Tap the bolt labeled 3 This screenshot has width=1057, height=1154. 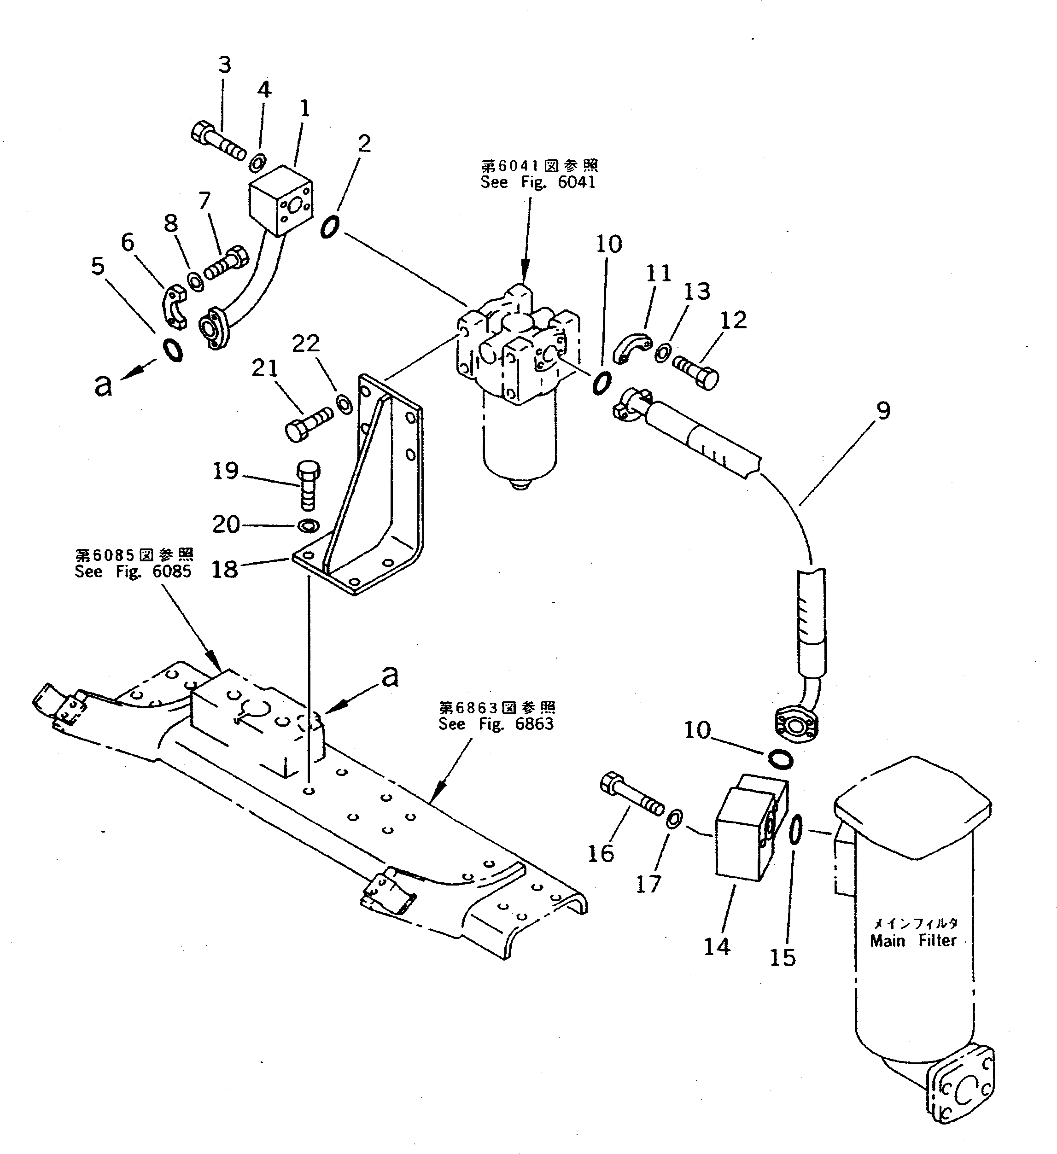point(217,141)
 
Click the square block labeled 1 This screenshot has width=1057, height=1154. point(281,200)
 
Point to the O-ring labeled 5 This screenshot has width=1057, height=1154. point(173,350)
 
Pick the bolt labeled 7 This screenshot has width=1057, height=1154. point(227,263)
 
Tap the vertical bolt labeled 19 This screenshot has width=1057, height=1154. point(308,485)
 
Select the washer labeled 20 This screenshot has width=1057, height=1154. point(309,525)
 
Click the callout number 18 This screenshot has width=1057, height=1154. point(224,569)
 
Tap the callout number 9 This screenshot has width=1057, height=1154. point(883,411)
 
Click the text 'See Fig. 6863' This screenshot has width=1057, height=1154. point(496,724)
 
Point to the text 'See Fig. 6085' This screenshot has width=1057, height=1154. point(133,571)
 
